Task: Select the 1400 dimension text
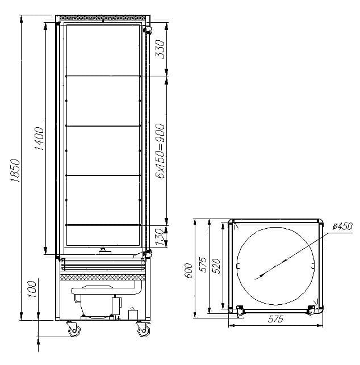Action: pos(39,138)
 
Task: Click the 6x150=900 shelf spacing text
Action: pos(160,150)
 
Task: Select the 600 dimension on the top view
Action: pos(190,271)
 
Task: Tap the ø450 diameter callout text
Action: pos(343,226)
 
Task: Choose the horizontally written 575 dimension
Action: pos(275,319)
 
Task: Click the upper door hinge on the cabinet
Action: pos(148,30)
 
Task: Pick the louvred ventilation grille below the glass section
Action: pos(102,263)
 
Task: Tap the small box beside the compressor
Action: pos(134,314)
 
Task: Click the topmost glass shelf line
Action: pos(103,75)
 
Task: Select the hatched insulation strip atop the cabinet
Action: pos(103,19)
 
